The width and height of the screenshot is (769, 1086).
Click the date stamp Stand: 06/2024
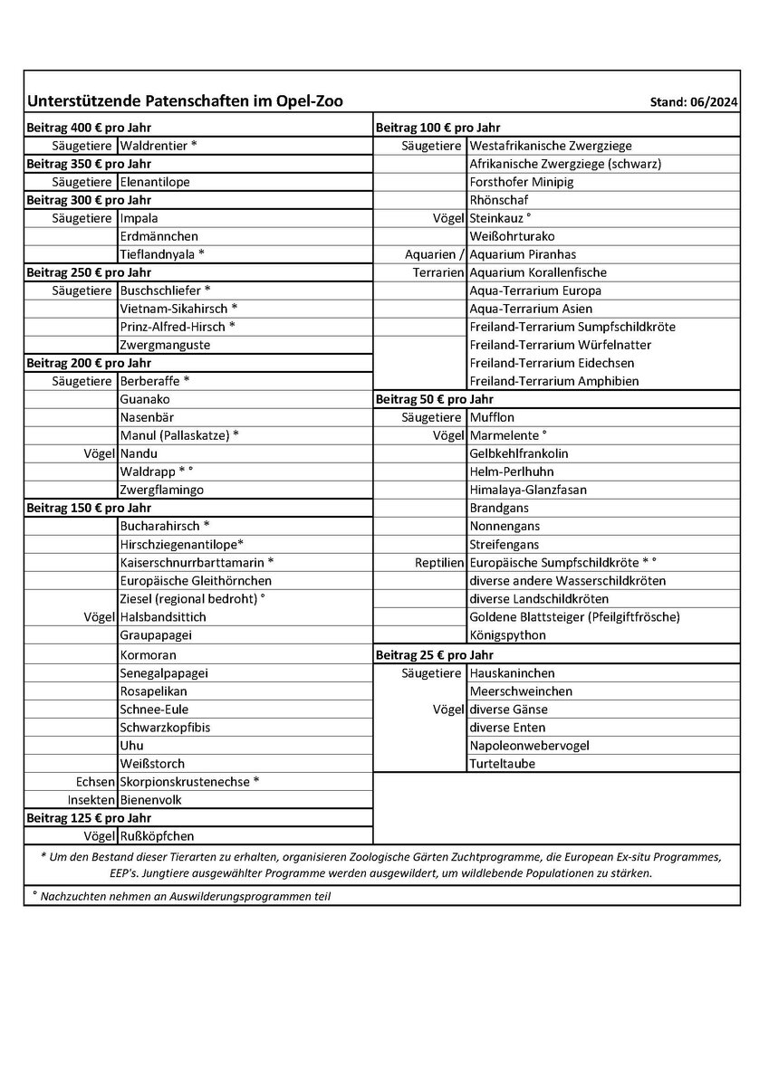click(694, 103)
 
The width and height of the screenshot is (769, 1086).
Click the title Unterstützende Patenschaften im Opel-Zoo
click(185, 101)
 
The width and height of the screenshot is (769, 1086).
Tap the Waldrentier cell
click(158, 146)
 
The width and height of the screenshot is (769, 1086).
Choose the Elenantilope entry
click(155, 182)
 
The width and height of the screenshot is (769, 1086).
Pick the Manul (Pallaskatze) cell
click(179, 435)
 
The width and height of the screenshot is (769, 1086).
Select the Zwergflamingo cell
click(161, 490)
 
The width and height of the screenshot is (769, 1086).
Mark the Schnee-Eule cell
click(154, 709)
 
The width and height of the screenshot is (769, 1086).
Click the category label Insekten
click(91, 800)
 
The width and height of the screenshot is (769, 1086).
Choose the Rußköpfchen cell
click(157, 836)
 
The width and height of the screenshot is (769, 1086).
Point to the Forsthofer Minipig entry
click(521, 182)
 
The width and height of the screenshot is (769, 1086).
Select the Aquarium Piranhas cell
click(523, 254)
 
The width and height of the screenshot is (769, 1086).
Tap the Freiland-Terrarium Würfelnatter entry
click(560, 345)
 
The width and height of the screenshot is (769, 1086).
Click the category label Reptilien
click(439, 562)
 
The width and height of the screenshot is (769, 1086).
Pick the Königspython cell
click(507, 635)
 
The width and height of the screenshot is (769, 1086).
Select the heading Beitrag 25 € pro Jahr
click(434, 654)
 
